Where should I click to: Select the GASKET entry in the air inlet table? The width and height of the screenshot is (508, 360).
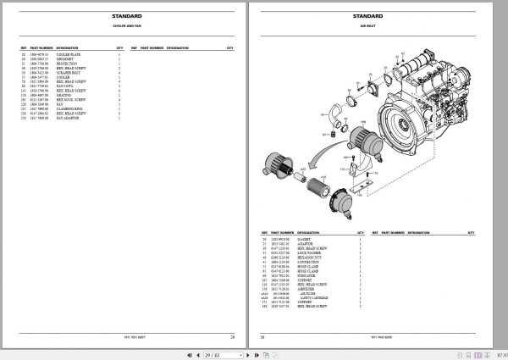pyautogui.click(x=307, y=240)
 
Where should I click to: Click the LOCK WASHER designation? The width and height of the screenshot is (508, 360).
pyautogui.click(x=312, y=252)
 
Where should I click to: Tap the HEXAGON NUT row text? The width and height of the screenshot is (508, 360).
pyautogui.click(x=312, y=257)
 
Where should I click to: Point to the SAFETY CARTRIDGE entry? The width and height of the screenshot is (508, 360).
pyautogui.click(x=317, y=299)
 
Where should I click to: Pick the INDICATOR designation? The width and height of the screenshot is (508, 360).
pyautogui.click(x=311, y=274)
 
